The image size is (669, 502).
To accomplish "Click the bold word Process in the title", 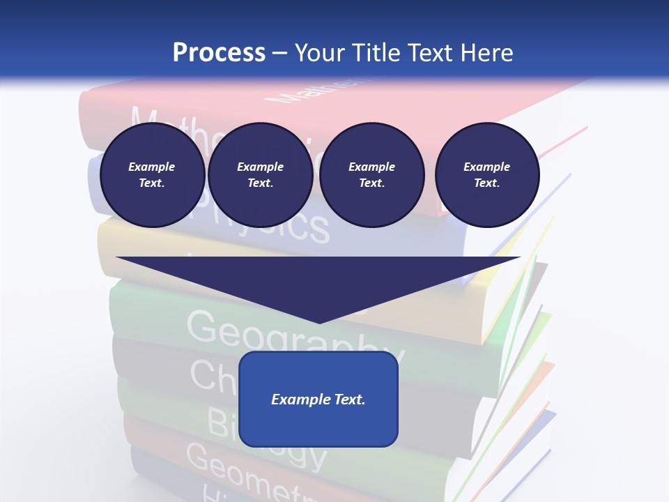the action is (219, 52).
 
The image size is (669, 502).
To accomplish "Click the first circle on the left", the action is (152, 175).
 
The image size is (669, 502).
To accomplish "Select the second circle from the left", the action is (260, 175).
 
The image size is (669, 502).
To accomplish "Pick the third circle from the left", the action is (371, 175).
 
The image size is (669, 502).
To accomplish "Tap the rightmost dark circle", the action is (486, 175).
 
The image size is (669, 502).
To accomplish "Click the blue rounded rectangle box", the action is (318, 399).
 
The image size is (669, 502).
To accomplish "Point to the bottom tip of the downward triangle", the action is (318, 322).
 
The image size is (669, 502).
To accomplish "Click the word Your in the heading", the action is (318, 52).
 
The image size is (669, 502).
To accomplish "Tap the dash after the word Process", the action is (280, 53).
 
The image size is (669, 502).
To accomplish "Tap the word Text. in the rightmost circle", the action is (486, 183).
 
